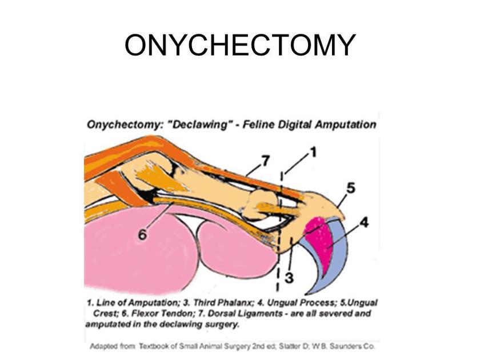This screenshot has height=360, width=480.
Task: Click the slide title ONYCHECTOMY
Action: coord(240,45)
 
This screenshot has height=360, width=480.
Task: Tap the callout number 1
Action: coord(313,152)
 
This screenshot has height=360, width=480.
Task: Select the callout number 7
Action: coord(265,161)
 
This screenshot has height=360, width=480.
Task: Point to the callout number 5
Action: coord(351,188)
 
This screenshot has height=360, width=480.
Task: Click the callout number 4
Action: coord(364,222)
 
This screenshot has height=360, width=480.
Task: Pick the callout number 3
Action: coord(289,278)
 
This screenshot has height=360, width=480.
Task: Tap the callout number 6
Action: coord(142,235)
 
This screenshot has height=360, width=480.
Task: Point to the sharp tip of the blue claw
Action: coord(307,294)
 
